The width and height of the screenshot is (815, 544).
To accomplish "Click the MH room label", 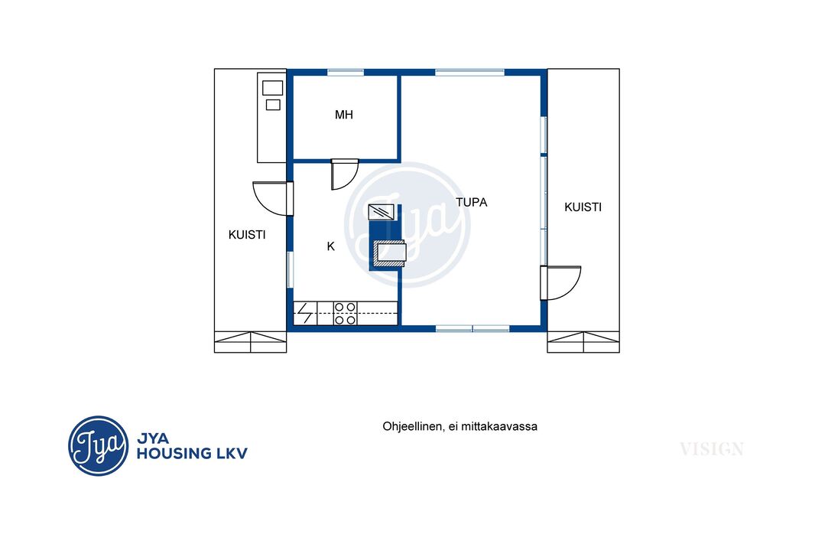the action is pyautogui.click(x=343, y=115).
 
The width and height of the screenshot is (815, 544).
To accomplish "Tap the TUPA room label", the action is pyautogui.click(x=472, y=202).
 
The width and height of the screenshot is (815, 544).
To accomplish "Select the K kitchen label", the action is pyautogui.click(x=330, y=246).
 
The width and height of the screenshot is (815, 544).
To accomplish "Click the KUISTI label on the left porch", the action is pyautogui.click(x=247, y=235).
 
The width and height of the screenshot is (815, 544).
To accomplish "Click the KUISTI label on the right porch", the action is pyautogui.click(x=583, y=207).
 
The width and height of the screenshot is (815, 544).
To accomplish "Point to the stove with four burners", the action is pyautogui.click(x=345, y=314).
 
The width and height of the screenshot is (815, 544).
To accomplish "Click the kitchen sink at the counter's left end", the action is pyautogui.click(x=305, y=314).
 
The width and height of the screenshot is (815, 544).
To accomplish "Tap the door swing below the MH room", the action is pyautogui.click(x=344, y=174).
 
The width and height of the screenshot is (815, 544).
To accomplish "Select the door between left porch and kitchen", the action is pyautogui.click(x=272, y=198).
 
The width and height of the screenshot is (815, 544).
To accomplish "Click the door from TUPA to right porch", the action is pyautogui.click(x=560, y=283).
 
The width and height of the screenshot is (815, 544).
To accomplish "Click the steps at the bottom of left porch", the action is pyautogui.click(x=251, y=342).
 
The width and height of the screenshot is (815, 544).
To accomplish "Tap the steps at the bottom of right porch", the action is pyautogui.click(x=583, y=342).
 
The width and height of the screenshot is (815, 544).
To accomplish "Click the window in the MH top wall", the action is pyautogui.click(x=345, y=72).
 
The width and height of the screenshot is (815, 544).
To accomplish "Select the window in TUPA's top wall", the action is pyautogui.click(x=469, y=72).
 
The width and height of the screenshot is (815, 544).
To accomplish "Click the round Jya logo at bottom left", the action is pyautogui.click(x=98, y=446).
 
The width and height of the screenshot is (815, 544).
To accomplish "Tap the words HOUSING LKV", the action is pyautogui.click(x=192, y=454).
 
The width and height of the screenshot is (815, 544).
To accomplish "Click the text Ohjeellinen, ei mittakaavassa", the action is pyautogui.click(x=460, y=426).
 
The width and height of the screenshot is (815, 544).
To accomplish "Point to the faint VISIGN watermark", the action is pyautogui.click(x=712, y=449).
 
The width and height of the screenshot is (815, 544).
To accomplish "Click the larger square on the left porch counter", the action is pyautogui.click(x=272, y=87).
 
